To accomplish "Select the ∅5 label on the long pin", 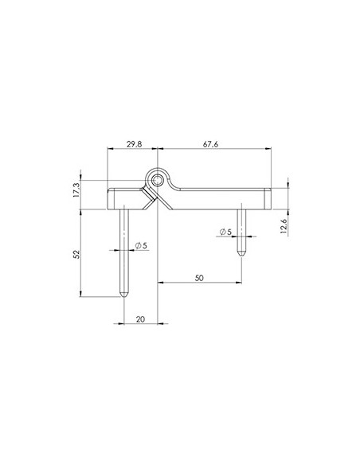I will click(140, 245).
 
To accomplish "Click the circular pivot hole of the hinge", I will click(159, 180).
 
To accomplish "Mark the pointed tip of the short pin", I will click(241, 254).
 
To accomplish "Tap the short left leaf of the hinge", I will click(123, 197).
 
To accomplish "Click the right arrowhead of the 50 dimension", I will click(239, 282).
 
